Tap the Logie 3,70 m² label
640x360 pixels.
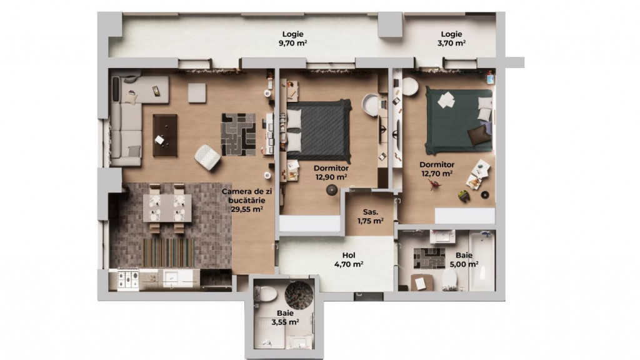coord(451,39)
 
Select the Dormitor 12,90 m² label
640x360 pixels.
coord(331,172)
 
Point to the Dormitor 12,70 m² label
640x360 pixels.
coord(437,169)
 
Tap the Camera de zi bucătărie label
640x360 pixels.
coord(246,200)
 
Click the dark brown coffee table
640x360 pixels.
coord(165,135)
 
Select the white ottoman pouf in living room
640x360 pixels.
coord(207,157)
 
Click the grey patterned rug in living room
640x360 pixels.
coord(238,134)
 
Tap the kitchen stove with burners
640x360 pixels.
coord(124,279)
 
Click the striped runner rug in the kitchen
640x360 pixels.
coord(168,252)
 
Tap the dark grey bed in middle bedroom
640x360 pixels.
coord(319,130)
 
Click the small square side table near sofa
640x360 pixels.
coord(197,92)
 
